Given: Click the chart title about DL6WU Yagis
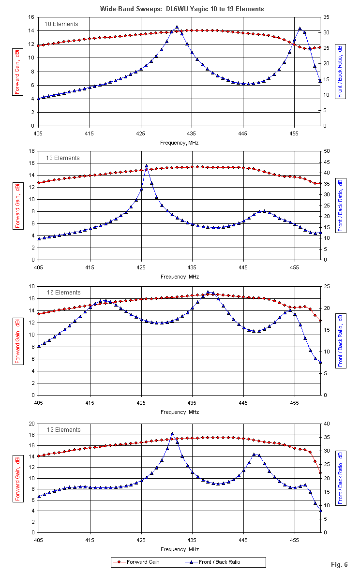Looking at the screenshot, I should click(x=181, y=9).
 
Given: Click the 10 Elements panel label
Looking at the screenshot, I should click(x=62, y=24).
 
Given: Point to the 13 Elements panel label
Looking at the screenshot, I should click(x=63, y=158).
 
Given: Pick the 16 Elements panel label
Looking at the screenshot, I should click(x=63, y=293).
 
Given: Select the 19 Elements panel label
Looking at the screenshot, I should click(x=63, y=430).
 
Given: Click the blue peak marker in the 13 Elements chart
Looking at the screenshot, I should click(x=146, y=166).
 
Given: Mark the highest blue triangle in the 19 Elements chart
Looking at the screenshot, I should click(x=172, y=434).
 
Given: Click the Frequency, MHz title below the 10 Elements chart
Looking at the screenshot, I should click(x=179, y=143).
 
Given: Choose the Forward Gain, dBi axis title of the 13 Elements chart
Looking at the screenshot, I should click(x=18, y=205).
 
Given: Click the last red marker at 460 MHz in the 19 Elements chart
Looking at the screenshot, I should click(x=320, y=473).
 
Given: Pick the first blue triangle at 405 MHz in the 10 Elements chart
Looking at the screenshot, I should click(x=38, y=99).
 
